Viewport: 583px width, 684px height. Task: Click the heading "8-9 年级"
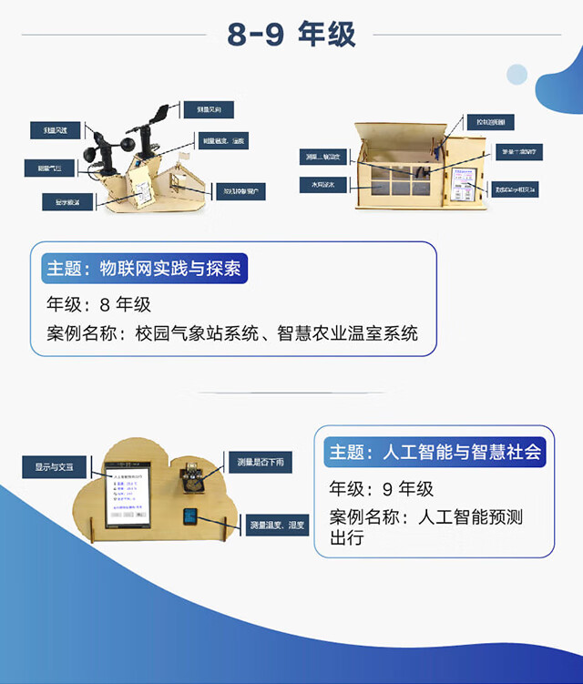tap(291, 35)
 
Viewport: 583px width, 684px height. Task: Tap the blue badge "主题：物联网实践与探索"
tap(146, 270)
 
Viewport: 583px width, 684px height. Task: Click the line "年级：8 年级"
tap(98, 304)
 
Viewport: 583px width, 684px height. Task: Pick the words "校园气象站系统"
tap(189, 333)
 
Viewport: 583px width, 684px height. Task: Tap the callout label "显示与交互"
tap(54, 467)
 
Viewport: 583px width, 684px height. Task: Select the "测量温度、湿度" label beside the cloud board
tap(279, 526)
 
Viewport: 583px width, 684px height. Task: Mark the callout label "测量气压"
tap(50, 168)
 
